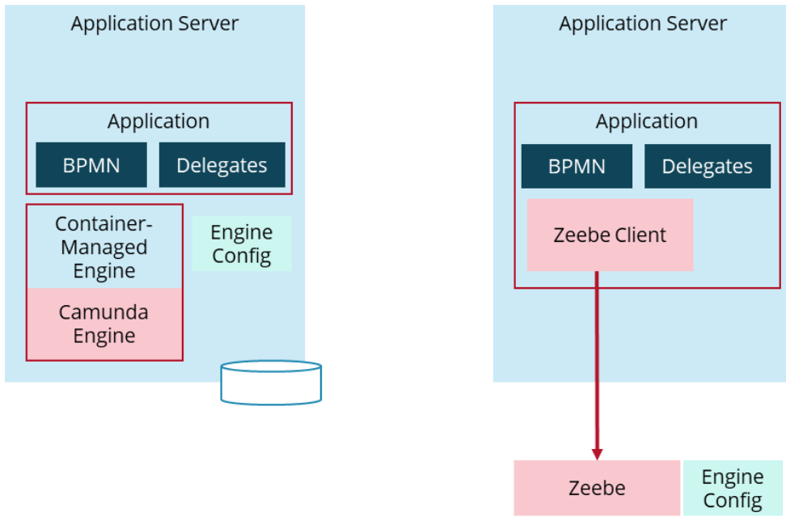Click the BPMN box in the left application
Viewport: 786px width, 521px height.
point(91,165)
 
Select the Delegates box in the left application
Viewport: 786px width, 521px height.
point(222,165)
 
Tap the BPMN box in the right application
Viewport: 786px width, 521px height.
point(577,167)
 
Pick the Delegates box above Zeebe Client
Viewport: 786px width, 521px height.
point(707,167)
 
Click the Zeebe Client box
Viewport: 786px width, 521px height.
point(610,235)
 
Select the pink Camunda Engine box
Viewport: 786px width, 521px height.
point(104,324)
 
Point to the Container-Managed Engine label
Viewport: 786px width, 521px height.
point(104,247)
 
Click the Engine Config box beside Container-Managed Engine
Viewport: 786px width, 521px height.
point(241,244)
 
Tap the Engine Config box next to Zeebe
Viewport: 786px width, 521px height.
point(732,488)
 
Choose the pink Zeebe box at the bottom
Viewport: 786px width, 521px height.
point(597,488)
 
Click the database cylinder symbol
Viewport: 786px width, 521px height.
point(271,382)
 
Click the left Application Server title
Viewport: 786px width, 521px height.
point(154,23)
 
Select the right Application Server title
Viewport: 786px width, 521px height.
point(643,23)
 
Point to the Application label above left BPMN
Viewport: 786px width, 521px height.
point(158,121)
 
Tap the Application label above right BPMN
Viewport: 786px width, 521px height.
point(646,121)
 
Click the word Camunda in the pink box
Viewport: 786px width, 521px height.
point(104,312)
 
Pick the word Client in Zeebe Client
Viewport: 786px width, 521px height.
point(640,235)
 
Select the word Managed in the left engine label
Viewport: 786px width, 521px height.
point(104,247)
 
